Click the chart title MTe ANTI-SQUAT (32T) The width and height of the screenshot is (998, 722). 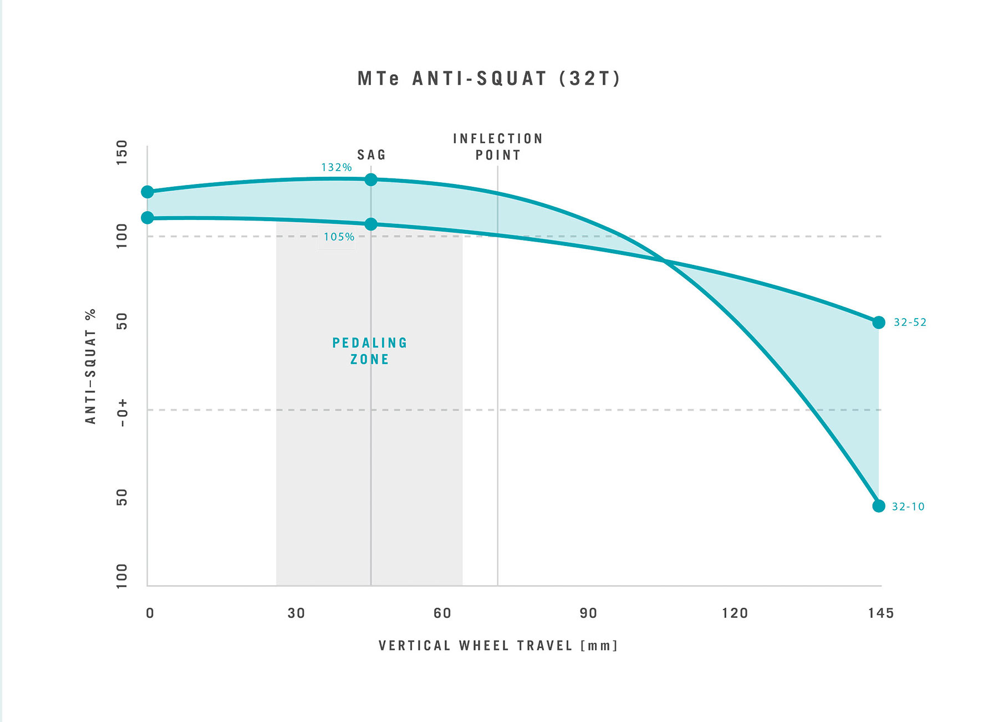point(488,79)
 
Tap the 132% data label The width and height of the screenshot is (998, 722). point(336,167)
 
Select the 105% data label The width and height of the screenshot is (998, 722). point(339,237)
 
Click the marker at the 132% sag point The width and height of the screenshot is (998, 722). point(371,180)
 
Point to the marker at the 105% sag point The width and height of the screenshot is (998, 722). point(371,224)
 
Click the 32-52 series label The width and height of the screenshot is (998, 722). point(910,322)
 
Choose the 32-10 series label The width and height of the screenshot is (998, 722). point(908,506)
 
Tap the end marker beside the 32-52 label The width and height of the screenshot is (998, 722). point(878,322)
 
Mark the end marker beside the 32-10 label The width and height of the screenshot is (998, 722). point(878,506)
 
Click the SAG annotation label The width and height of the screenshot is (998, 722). point(371,155)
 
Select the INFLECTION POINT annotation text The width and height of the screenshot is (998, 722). point(498,147)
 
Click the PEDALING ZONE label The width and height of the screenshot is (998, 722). point(370,351)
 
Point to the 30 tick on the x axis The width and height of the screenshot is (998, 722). point(296,613)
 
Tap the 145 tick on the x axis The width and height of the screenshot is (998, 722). point(880,613)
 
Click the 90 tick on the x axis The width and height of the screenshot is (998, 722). point(588,613)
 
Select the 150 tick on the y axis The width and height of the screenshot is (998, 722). point(121,152)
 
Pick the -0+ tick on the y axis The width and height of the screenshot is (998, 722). point(121,413)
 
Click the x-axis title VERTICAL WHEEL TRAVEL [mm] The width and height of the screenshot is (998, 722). point(498,646)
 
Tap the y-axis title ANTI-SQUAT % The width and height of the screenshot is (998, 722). point(90,366)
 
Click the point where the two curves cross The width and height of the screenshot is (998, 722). point(664,260)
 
